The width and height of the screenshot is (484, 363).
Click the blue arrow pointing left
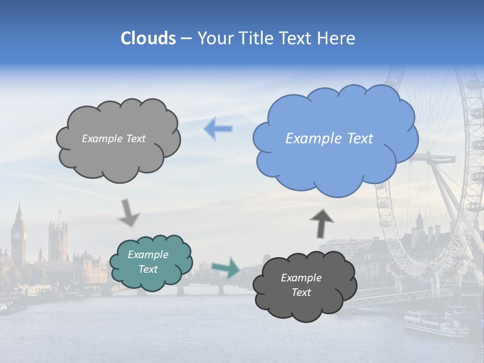(x=218, y=129)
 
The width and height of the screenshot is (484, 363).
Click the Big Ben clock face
(x=19, y=234)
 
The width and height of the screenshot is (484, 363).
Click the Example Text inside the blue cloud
(x=329, y=139)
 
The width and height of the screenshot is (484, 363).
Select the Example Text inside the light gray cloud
(x=113, y=139)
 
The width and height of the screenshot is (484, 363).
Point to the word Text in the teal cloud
(x=148, y=269)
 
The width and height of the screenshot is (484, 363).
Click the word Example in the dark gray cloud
(x=301, y=278)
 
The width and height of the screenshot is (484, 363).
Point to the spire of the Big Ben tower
(x=19, y=207)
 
